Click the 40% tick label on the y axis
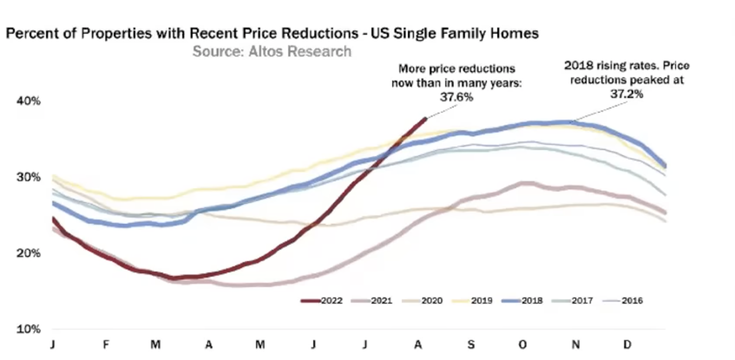tap(28, 101)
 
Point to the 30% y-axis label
tap(28, 177)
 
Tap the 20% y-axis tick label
tap(28, 253)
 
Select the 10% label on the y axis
tap(28, 329)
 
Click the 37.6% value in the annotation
tap(456, 97)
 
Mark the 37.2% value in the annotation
tap(627, 94)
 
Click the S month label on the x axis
tap(471, 345)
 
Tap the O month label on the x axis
tap(523, 345)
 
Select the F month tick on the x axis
tap(105, 345)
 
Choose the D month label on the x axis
tap(627, 345)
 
